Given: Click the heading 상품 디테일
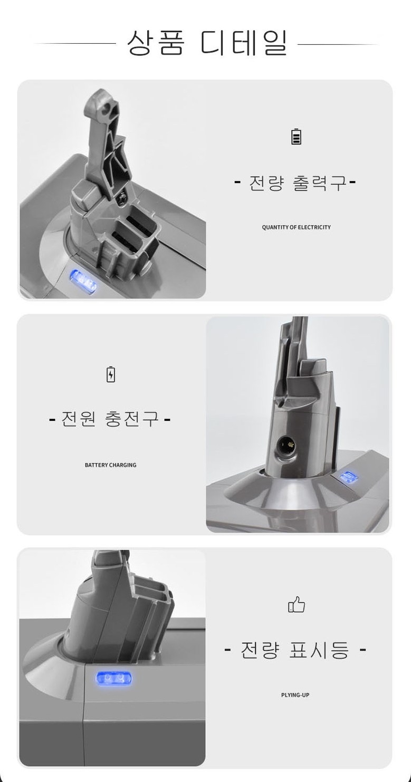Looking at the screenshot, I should pos(207,43).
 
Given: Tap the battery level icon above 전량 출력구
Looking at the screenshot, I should pos(296,137).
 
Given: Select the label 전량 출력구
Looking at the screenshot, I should pos(295,183).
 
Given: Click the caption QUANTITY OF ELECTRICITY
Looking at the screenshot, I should pos(296,227).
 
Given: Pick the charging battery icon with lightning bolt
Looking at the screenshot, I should pos(110,374).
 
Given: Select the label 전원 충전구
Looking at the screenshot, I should pos(110,420).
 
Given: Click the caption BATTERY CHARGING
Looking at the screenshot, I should pos(110,465).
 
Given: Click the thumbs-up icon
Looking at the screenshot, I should pos(296,605).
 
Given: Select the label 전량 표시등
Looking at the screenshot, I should pos(295,650).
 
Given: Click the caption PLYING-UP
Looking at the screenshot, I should pos(295,695).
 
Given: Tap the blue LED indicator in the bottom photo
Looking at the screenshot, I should pos(114,679).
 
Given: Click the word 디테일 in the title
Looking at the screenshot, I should pos(244,43).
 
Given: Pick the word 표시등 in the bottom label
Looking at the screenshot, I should pos(319,650).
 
